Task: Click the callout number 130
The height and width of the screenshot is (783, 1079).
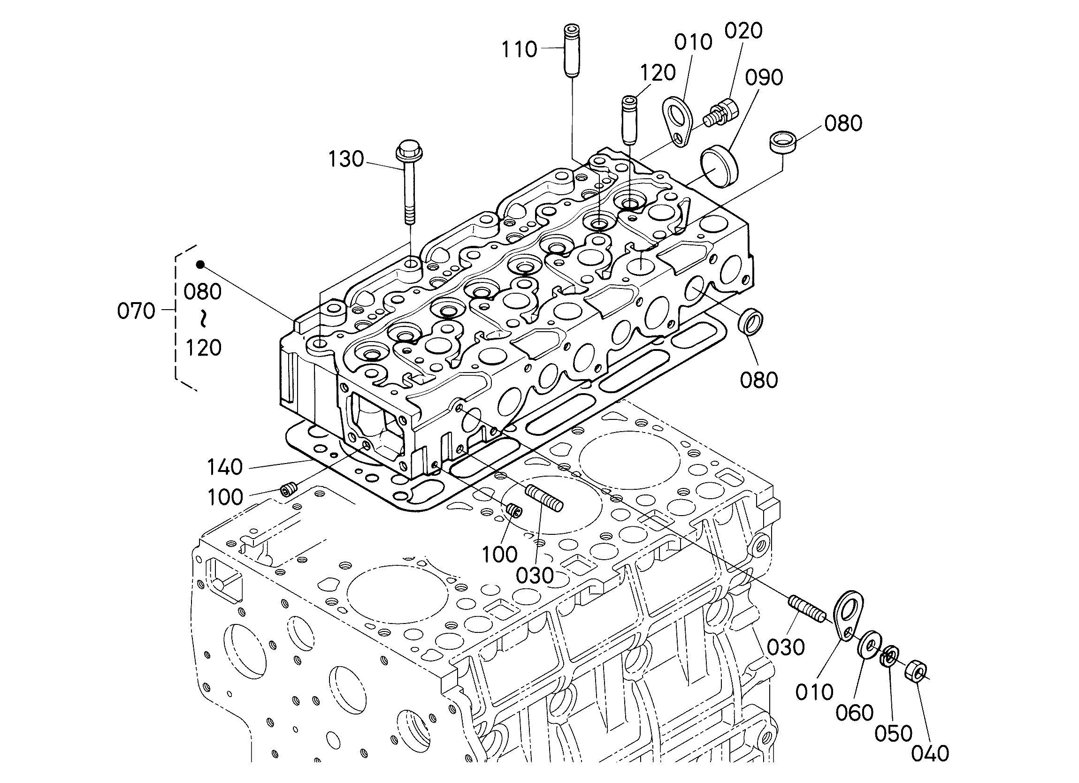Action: click(346, 159)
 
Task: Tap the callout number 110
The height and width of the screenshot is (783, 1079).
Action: click(520, 49)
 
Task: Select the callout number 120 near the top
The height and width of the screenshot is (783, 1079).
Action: click(658, 73)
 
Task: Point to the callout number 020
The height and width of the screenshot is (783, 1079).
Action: click(743, 30)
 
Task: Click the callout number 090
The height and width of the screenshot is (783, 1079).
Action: click(764, 77)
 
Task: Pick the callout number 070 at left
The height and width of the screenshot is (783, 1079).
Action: click(136, 311)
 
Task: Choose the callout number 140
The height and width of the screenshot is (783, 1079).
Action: click(224, 467)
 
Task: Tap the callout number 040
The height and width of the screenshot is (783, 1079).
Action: click(930, 753)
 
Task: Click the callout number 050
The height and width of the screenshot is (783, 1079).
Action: click(893, 734)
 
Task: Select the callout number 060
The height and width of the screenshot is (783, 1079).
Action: click(855, 713)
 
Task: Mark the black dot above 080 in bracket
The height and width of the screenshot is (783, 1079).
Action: click(201, 265)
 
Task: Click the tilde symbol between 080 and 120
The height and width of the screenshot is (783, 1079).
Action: click(203, 319)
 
